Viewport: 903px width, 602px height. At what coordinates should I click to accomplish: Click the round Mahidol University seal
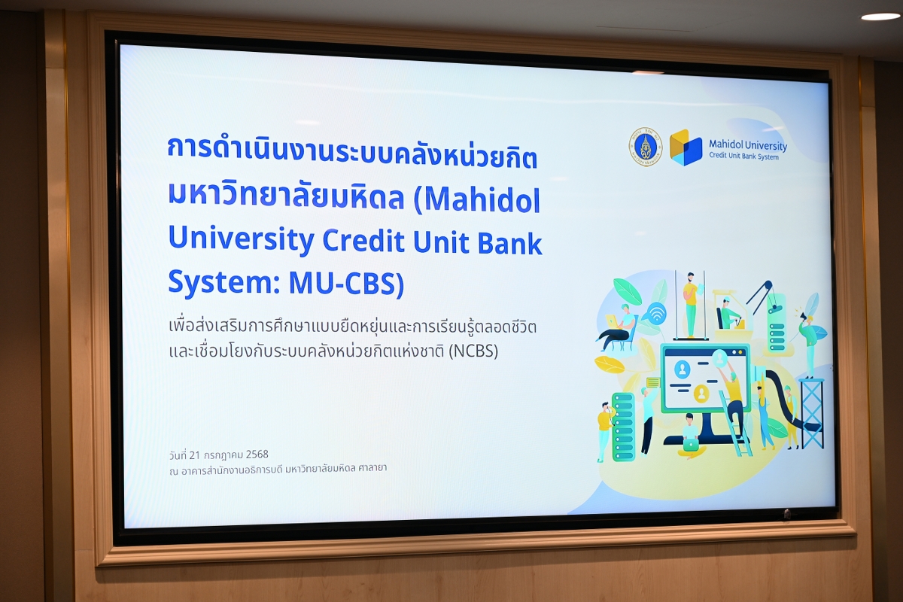click(x=646, y=147)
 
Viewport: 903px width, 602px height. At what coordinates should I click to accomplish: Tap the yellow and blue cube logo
click(x=686, y=147)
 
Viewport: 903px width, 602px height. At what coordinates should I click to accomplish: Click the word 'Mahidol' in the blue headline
click(x=482, y=200)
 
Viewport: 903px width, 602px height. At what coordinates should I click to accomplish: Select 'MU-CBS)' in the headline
click(x=346, y=283)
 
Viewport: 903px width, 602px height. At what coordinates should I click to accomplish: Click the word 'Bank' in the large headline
click(x=510, y=242)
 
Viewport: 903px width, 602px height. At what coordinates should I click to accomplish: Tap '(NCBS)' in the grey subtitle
click(x=473, y=351)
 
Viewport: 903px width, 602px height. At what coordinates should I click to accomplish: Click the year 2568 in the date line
click(x=257, y=455)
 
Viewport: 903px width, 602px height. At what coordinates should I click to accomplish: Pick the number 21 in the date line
click(x=195, y=455)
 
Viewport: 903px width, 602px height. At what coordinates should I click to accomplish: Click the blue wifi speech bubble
click(x=656, y=312)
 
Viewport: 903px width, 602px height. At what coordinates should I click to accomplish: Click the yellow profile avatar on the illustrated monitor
click(x=701, y=393)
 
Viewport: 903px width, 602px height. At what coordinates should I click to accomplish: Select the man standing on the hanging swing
click(x=691, y=304)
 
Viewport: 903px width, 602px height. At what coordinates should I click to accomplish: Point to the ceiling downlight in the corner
click(x=880, y=17)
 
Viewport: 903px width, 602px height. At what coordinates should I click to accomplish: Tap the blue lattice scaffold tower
click(x=811, y=413)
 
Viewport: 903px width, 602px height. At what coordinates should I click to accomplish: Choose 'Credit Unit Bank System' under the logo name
click(x=743, y=156)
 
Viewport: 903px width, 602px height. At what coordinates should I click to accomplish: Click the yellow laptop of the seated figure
click(x=613, y=321)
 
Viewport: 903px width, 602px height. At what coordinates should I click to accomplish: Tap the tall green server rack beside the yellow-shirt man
click(x=623, y=427)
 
